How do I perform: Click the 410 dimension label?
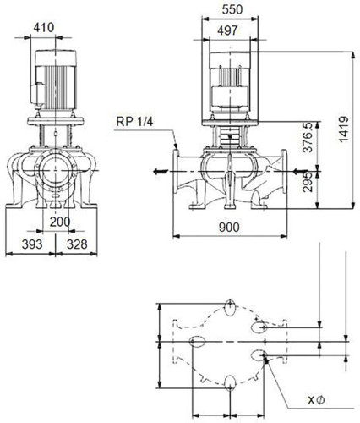point(44,28)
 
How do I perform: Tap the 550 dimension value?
point(232,9)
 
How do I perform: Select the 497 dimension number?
point(227,30)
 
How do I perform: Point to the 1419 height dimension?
point(343,129)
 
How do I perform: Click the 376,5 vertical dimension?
point(308,137)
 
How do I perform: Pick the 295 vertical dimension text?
point(308,182)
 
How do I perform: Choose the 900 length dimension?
point(229,227)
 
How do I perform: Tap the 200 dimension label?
point(60,222)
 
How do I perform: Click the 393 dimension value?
point(32,244)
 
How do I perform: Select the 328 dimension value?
point(77,244)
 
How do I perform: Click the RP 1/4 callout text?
point(134,122)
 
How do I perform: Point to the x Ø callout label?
point(316,399)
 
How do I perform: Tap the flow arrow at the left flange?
point(161,171)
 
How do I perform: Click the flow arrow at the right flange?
point(300,171)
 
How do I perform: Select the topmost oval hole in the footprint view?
point(231,307)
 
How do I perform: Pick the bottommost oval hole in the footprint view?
point(230,383)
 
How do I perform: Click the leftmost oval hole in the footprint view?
point(197,342)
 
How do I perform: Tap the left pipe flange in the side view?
point(176,171)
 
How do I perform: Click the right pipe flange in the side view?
point(284,171)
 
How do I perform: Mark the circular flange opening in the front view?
point(56,171)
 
